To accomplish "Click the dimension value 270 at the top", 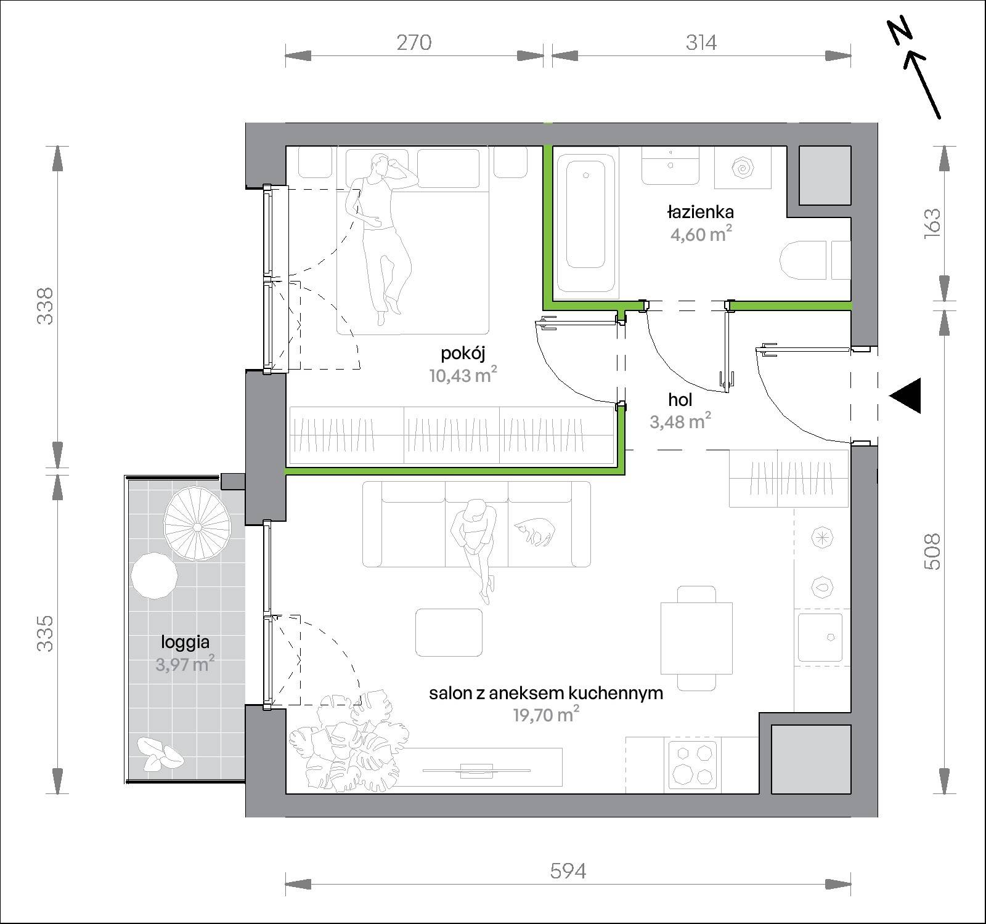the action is point(414,43).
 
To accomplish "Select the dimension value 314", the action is point(701,43).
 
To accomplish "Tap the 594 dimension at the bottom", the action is point(568,871).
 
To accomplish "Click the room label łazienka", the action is point(700,212).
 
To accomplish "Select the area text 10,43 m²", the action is point(463,375).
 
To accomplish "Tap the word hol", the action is point(680,400).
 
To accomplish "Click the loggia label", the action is point(185,642).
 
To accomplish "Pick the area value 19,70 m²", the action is point(545,714).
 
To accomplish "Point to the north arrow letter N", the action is point(900,33).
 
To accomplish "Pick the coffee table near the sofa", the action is point(449,633).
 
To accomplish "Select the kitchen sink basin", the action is point(820,637).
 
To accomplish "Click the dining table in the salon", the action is point(696,638).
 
